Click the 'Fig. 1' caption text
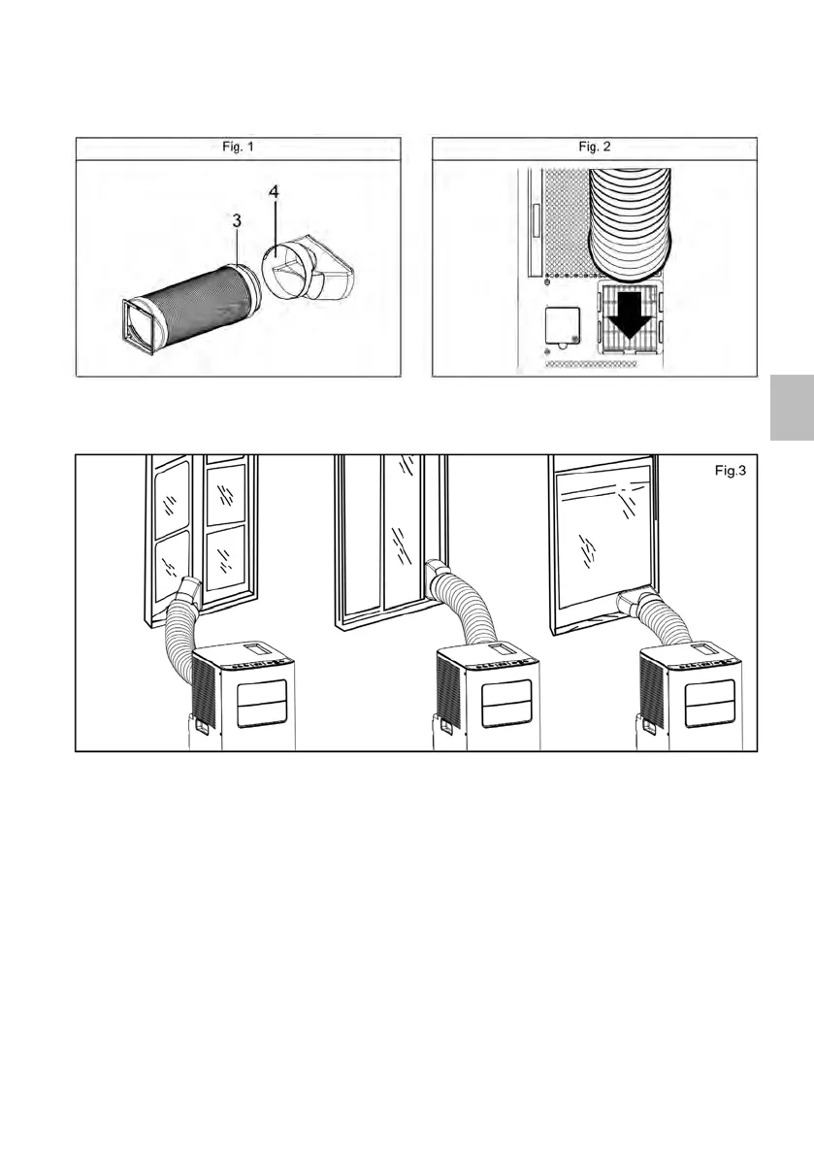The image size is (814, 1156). click(x=238, y=148)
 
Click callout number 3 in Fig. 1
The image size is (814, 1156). click(x=237, y=222)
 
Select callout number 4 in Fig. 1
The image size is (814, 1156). click(x=274, y=193)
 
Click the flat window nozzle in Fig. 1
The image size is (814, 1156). click(x=331, y=266)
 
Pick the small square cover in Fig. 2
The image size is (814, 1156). click(x=560, y=330)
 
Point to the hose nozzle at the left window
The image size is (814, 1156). click(x=188, y=590)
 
